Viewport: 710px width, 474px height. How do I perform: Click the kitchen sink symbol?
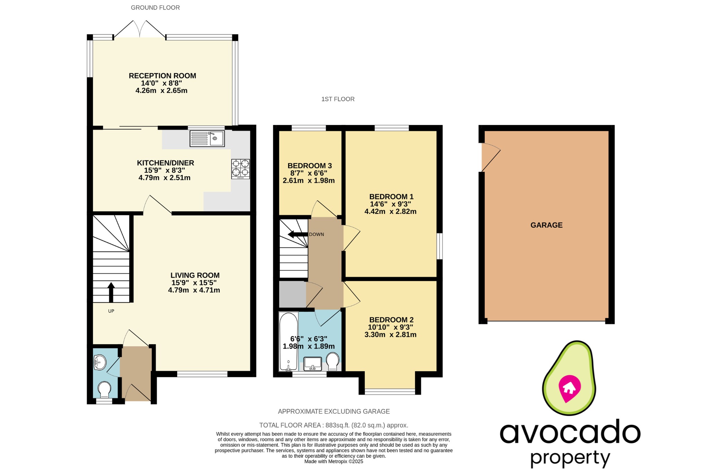coord(207,138)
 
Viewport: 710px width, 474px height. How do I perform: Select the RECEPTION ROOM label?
coord(162,76)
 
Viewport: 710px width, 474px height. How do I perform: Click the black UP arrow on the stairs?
coord(111,292)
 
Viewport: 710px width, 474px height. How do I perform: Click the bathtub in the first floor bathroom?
coord(288,341)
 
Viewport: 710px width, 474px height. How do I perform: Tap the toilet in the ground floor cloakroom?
coord(104,389)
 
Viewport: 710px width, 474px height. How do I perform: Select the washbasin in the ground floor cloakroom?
coord(99,362)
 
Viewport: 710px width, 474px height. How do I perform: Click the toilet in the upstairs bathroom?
coord(333,361)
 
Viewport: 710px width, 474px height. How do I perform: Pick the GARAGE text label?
coord(546,225)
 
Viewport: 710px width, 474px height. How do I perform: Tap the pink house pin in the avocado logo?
coord(569,388)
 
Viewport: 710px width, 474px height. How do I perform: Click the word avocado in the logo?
coord(570,432)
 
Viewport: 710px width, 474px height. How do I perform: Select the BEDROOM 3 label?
coord(309,166)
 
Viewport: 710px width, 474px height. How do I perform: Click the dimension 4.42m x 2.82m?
coord(390,212)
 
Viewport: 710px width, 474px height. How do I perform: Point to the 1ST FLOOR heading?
coord(338,99)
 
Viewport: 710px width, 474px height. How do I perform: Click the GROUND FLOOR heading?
coord(155,8)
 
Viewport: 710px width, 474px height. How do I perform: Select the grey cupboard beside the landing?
coord(292,294)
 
